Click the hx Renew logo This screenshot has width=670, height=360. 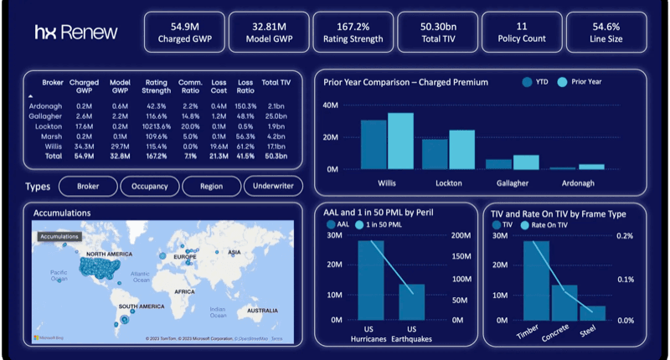[76, 33]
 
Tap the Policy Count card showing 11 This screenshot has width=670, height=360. [521, 32]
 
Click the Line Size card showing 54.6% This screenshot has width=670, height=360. [606, 32]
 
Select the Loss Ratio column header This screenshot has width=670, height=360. [245, 86]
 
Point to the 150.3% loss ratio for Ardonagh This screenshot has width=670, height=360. [245, 105]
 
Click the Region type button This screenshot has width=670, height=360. [211, 187]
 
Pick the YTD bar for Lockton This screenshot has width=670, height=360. [434, 154]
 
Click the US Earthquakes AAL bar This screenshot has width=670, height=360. [411, 302]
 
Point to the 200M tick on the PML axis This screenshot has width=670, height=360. [461, 236]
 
